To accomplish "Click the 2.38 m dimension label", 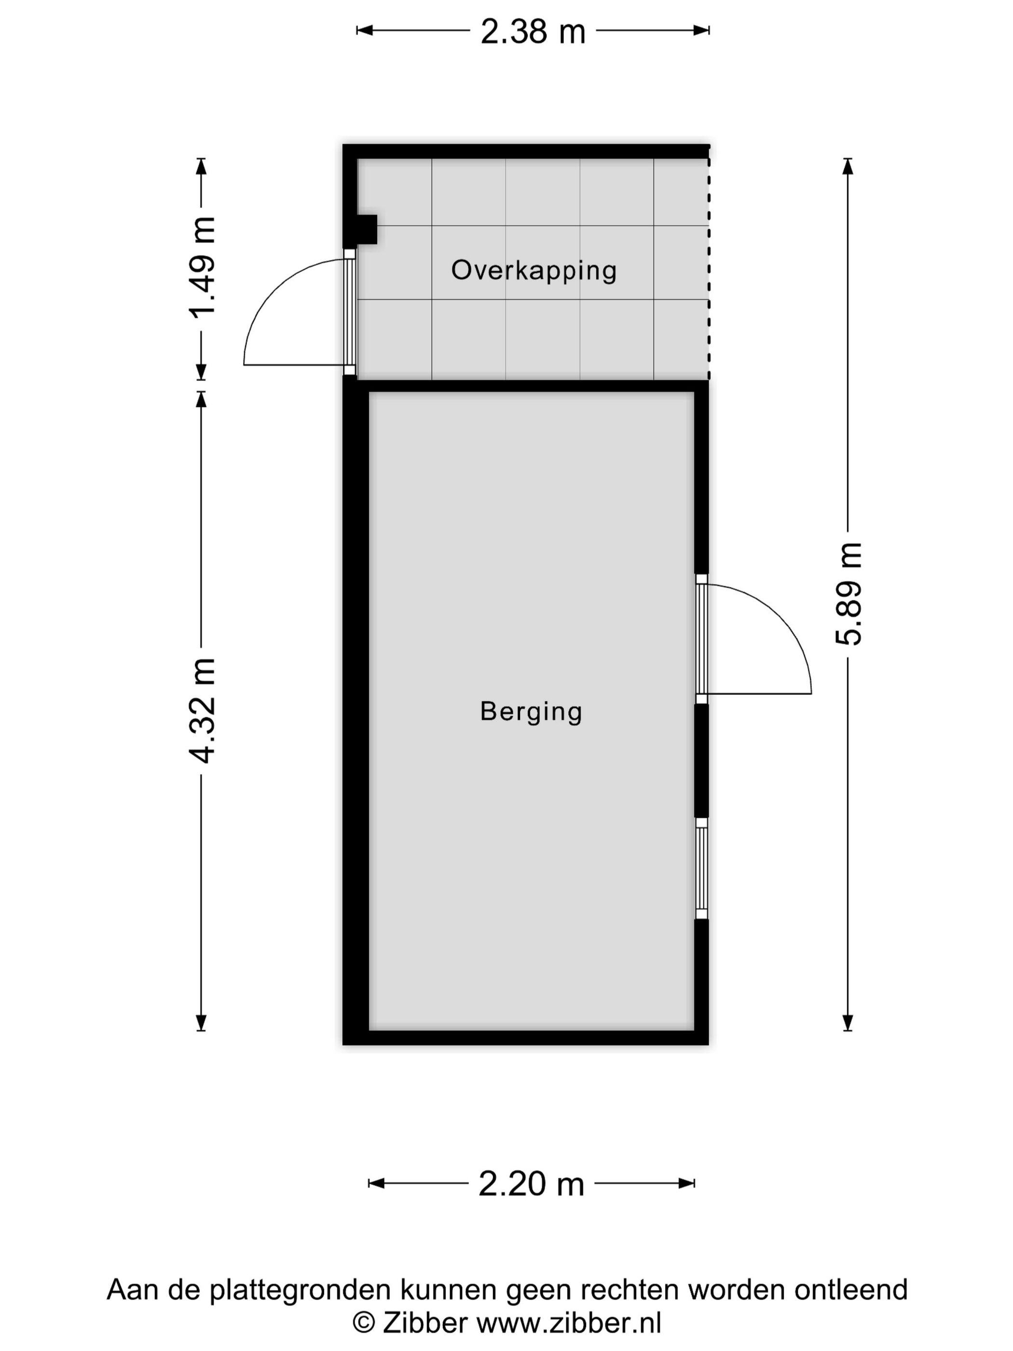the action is (x=533, y=31).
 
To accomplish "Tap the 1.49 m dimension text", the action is (x=202, y=267).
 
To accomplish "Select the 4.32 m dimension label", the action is (x=202, y=711).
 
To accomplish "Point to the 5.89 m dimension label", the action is (x=848, y=593).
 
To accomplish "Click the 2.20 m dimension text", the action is (x=531, y=1184).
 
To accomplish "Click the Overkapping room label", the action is (x=534, y=270).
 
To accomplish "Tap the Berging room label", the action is (x=531, y=712).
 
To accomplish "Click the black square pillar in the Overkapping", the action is (x=366, y=229).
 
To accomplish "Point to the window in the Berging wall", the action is (x=701, y=868).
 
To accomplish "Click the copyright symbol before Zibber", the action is (x=364, y=1323).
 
